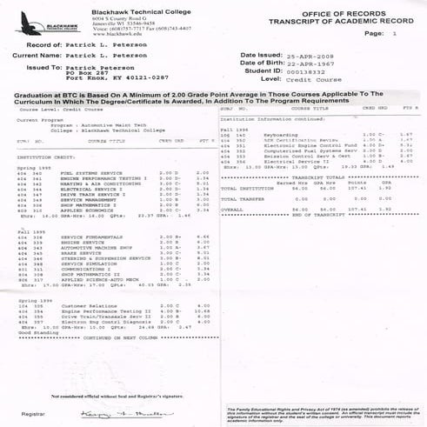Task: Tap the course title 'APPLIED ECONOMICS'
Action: [79, 210]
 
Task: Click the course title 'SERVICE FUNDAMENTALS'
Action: [84, 237]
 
